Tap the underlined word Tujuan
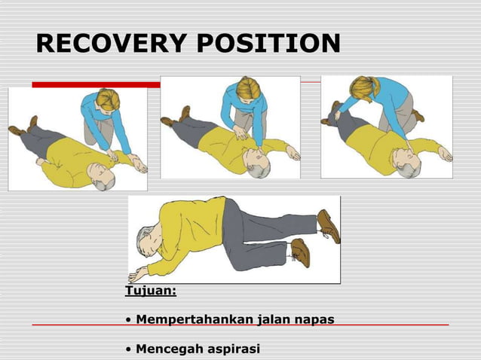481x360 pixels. pyautogui.click(x=150, y=291)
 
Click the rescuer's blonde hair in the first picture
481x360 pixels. pyautogui.click(x=108, y=99)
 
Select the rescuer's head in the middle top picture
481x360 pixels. pyautogui.click(x=248, y=89)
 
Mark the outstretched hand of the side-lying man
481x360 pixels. pyautogui.click(x=139, y=273)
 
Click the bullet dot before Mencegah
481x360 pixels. pyautogui.click(x=129, y=349)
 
